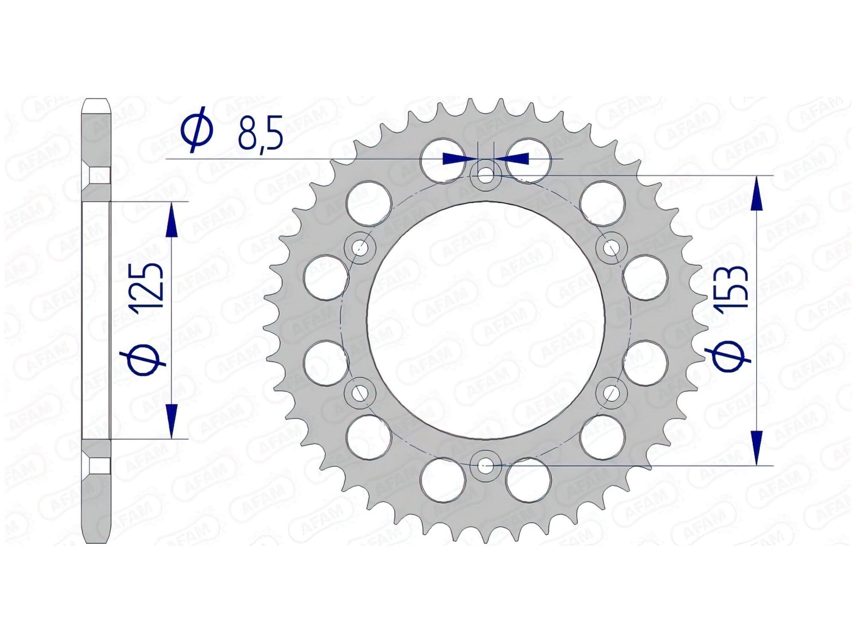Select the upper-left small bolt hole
coord(360,247)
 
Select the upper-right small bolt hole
coord(611,247)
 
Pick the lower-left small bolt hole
coord(360,392)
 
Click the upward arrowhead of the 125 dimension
coord(171,220)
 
